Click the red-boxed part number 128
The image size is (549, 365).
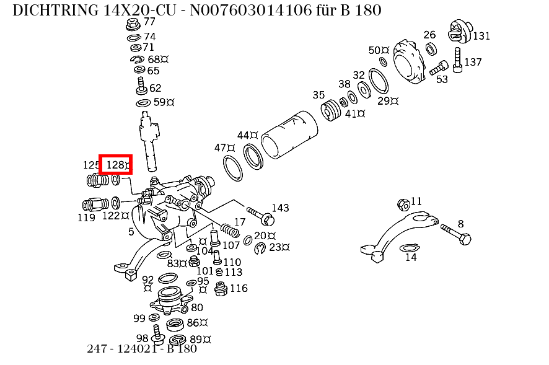click(x=116, y=165)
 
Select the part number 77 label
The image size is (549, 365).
click(x=149, y=22)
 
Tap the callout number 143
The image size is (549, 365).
click(x=280, y=208)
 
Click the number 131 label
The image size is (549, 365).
click(x=481, y=36)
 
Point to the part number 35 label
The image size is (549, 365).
click(x=318, y=95)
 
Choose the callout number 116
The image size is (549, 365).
click(x=239, y=288)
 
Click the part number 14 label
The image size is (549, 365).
click(x=411, y=258)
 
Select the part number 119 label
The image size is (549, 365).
click(x=86, y=218)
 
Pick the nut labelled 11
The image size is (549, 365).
click(x=402, y=204)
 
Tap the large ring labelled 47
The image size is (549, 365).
click(x=232, y=167)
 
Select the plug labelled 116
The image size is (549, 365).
click(x=219, y=289)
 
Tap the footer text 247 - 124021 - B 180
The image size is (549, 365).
click(x=142, y=348)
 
